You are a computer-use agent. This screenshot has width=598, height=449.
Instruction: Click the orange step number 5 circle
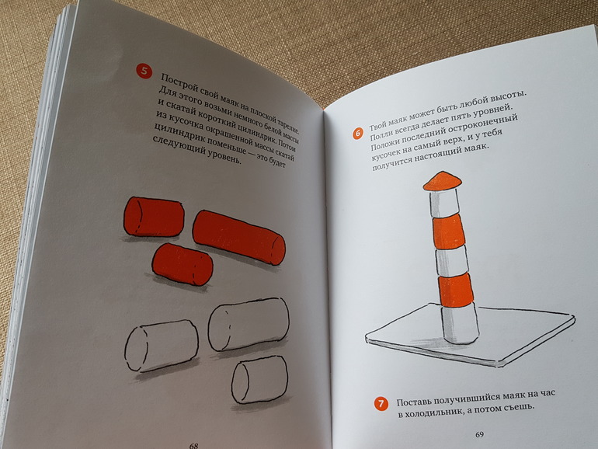tap(144, 71)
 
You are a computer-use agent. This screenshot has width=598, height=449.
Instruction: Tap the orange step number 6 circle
tap(358, 134)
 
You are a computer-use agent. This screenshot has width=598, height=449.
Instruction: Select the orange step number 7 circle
tap(381, 404)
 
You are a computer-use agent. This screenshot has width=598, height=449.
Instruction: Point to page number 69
tap(479, 434)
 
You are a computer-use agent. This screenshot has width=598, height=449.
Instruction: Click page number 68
tap(193, 445)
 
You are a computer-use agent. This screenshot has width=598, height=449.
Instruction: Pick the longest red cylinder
tap(238, 237)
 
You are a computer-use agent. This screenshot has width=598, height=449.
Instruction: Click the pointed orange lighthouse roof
tap(442, 180)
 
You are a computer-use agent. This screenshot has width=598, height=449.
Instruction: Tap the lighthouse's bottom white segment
tap(460, 324)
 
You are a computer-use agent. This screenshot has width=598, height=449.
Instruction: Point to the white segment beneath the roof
tap(444, 204)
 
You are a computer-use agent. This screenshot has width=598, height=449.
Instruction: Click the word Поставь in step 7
tap(412, 402)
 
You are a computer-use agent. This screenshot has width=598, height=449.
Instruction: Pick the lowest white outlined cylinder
tap(259, 380)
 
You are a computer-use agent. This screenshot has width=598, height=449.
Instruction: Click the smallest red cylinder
tap(183, 264)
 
